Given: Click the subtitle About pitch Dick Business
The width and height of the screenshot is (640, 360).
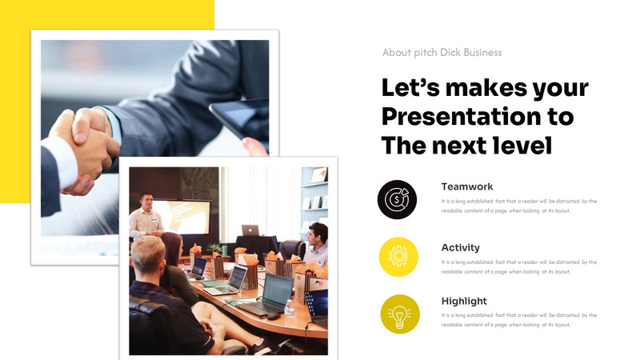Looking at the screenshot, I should [x=442, y=53].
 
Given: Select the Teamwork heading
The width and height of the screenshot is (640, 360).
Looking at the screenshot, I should [x=467, y=186].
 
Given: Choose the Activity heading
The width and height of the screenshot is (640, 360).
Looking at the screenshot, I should [x=461, y=248].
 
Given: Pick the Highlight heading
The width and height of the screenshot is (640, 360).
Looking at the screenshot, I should [x=464, y=301].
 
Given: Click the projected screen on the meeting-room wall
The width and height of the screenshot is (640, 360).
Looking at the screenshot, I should [x=184, y=216].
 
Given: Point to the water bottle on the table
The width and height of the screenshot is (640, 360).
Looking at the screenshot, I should [x=289, y=307].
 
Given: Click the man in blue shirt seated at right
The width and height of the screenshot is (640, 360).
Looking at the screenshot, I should [x=317, y=245].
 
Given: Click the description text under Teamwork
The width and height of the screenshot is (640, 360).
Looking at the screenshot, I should [x=518, y=206].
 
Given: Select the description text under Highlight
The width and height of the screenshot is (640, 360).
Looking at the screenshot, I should [x=518, y=320].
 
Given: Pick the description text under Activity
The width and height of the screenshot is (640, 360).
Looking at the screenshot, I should [x=518, y=266].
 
